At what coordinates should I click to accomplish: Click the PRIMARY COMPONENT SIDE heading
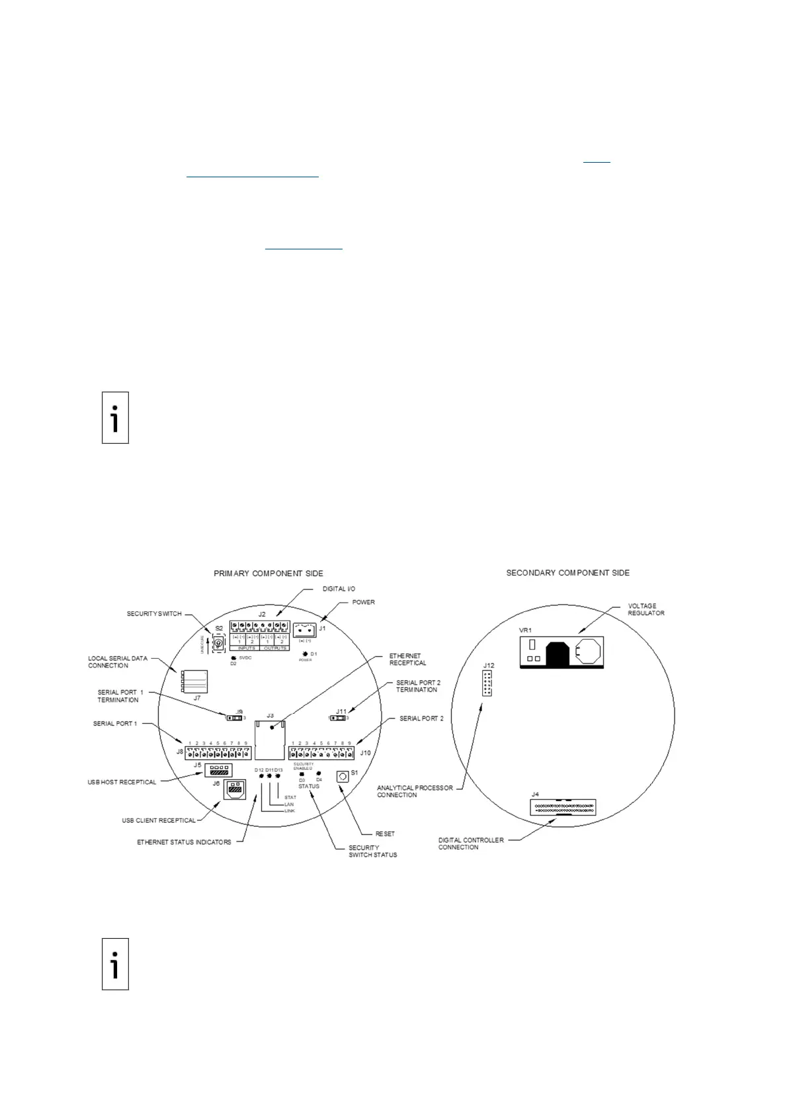268,573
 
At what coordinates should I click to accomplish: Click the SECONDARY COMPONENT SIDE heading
567,572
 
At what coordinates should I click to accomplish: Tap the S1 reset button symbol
343,777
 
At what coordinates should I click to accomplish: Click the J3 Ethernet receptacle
270,740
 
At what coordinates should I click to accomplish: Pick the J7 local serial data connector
194,681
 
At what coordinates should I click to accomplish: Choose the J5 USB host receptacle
218,770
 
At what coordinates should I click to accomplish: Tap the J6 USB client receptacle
234,789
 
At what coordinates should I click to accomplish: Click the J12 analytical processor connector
487,683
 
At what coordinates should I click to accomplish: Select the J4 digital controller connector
563,808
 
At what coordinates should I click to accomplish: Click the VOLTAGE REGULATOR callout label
645,609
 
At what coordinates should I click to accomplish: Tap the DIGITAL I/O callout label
339,588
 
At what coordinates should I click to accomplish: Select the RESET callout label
385,834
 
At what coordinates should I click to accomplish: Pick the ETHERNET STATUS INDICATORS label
184,842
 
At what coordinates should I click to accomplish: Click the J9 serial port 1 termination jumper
233,718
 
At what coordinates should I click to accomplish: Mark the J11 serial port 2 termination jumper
338,718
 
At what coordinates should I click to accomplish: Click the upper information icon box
115,417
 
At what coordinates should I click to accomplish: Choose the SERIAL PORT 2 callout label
421,718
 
